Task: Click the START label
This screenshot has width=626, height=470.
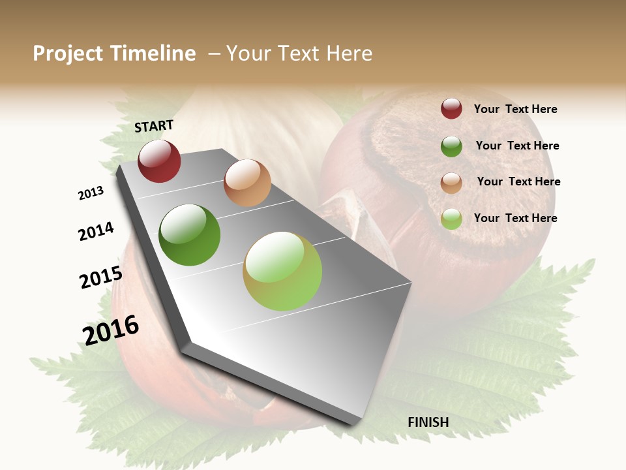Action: (154, 126)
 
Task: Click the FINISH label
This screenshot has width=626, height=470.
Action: (428, 422)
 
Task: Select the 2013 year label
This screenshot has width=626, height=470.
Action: (91, 193)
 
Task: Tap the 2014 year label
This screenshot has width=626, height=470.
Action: (96, 232)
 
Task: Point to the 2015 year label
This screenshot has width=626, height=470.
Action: (101, 277)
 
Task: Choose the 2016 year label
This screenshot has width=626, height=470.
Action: (111, 330)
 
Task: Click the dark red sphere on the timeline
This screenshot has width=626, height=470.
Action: (159, 161)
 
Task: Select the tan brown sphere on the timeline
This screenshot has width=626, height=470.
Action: (247, 183)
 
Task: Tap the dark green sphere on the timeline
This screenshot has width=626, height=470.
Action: (190, 235)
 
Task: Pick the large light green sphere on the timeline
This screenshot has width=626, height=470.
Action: (282, 271)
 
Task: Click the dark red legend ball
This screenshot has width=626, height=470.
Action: (451, 108)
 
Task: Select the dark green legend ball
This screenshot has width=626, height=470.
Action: (451, 146)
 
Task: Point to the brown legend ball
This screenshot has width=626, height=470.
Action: (451, 183)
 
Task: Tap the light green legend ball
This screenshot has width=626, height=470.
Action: (451, 219)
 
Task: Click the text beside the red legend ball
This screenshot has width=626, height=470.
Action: (515, 109)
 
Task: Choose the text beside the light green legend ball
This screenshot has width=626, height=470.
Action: (515, 218)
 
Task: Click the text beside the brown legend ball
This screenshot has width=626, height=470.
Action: (518, 181)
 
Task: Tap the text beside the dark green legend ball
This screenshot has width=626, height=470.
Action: (517, 146)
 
